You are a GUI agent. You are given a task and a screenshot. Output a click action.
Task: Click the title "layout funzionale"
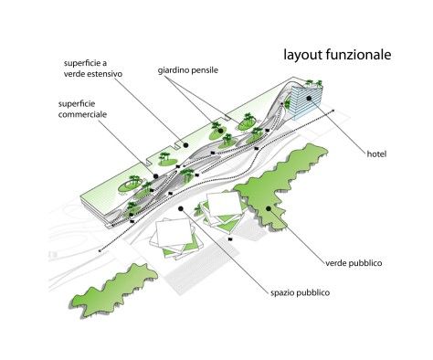coord(337,55)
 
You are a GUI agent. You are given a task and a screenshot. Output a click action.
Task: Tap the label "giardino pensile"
coord(188,70)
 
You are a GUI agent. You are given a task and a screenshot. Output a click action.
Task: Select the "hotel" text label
coord(376,154)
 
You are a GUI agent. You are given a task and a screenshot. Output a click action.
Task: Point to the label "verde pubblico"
coord(354,263)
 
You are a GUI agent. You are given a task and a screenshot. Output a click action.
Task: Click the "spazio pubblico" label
coord(300,292)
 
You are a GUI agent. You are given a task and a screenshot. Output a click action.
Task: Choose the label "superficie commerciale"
coord(82,109)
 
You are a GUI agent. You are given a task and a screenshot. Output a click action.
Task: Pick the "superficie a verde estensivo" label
coord(93,69)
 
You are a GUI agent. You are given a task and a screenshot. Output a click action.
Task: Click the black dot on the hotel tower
coord(309,98)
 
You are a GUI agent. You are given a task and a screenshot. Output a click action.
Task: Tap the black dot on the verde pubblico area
coord(269,208)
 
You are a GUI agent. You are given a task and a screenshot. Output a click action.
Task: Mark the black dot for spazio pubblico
coord(181,208)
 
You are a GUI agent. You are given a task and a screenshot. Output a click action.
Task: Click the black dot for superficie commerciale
coord(155,176)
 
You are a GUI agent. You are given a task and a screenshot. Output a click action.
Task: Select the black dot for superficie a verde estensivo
coord(185,145)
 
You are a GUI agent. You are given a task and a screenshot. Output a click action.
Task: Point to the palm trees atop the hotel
coord(313,83)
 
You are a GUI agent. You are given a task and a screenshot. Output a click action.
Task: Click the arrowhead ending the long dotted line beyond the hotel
coord(333,111)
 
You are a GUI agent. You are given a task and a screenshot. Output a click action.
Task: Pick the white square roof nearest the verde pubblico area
coord(225,205)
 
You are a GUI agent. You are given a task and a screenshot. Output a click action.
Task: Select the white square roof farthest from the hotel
coord(174,233)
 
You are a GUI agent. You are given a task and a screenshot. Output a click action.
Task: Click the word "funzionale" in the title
coord(359,55)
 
